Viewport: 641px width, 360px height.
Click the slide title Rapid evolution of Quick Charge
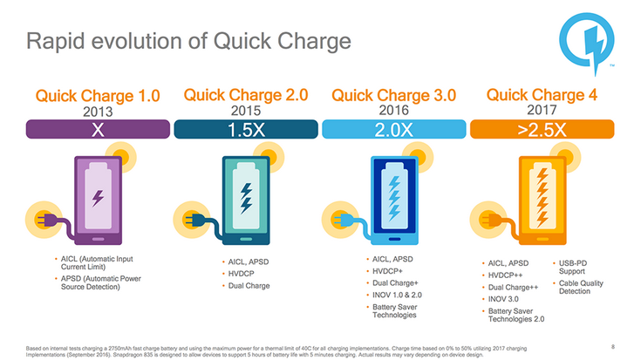coord(188,40)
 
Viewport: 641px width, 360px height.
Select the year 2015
coord(247,112)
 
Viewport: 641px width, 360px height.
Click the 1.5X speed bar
coord(247,130)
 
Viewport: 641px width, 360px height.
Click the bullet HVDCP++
coord(513,275)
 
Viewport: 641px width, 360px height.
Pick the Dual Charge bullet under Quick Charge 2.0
coord(249,286)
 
